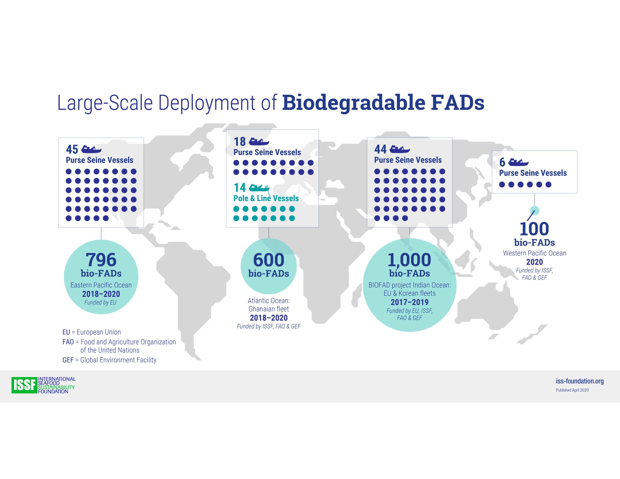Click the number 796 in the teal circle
(101, 260)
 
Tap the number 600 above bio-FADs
(269, 260)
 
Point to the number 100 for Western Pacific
(534, 229)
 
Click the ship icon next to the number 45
(91, 149)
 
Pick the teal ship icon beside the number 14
(259, 187)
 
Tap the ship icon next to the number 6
(518, 162)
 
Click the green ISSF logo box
(24, 385)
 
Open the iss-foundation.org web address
(580, 381)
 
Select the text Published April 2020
(572, 390)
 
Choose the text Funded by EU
(101, 302)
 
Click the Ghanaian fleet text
(269, 309)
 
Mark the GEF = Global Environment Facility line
(109, 360)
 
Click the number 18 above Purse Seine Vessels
(240, 141)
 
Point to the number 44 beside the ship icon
(380, 149)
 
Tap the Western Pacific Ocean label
(535, 253)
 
